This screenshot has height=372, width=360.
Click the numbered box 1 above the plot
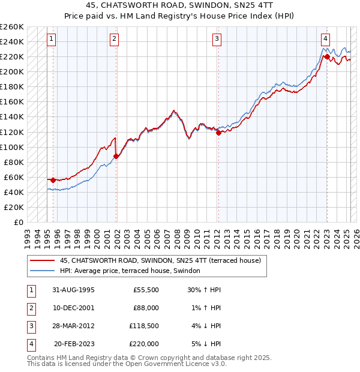pos(52,40)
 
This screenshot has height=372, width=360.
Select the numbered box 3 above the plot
pos(217,40)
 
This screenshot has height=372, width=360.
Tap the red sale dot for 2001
pos(116,156)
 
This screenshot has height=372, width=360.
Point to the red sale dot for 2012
pos(218,133)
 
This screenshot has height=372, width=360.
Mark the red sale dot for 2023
pos(327,57)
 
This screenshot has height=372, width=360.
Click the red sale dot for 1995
pos(53,180)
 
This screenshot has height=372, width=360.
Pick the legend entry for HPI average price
pos(130,271)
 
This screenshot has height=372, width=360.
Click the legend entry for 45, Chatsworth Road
pos(160,261)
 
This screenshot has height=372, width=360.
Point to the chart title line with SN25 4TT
pos(179,6)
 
